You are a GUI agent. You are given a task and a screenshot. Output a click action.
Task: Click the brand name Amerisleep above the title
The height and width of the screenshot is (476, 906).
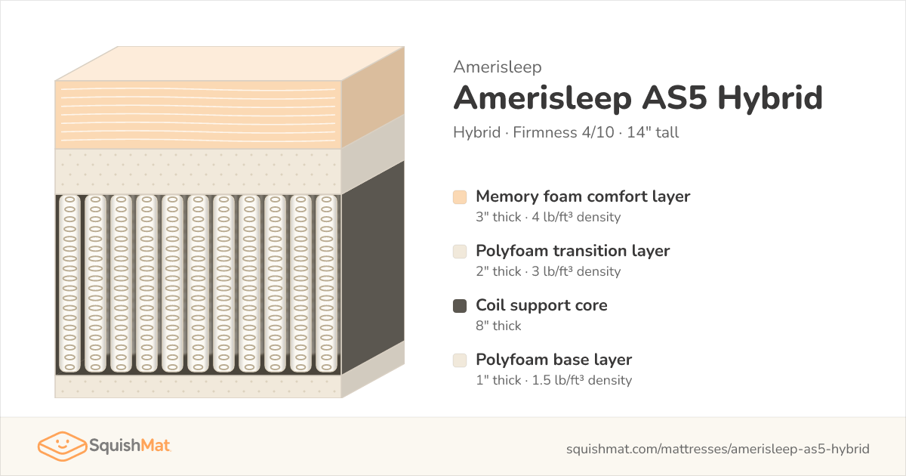pos(497,66)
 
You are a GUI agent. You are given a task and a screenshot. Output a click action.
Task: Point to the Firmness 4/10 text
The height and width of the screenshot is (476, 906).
pos(563,132)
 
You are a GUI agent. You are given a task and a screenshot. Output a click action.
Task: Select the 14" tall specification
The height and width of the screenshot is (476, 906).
pos(653,132)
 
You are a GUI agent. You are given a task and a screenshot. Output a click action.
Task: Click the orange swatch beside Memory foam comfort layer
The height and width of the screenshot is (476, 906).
pos(460,197)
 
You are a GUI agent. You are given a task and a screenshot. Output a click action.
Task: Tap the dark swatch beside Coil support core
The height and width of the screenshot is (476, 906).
pos(460,306)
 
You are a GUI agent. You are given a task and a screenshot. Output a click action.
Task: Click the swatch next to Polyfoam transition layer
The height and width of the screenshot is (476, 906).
pos(460,252)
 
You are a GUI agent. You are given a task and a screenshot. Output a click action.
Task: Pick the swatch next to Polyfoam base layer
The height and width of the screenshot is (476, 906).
pos(460,360)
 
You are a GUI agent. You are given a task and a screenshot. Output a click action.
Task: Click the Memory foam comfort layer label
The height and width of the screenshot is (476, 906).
pos(583,196)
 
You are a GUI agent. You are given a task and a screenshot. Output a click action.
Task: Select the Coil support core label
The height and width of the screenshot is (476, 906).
pos(541,305)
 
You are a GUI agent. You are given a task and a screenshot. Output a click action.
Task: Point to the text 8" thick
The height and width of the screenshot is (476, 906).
pos(498,326)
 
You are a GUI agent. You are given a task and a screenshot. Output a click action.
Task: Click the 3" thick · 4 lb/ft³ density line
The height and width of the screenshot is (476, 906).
pos(548,217)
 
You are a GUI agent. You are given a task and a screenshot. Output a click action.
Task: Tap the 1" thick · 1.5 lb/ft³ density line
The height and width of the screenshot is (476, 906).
pos(553,380)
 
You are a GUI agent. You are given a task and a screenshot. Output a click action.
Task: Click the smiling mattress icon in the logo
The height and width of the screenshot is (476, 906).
pos(62,446)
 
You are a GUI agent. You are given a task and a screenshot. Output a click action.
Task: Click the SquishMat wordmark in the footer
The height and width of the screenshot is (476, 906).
pos(130,446)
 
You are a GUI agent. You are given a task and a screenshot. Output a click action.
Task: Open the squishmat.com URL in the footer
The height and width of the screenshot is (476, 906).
pos(717,449)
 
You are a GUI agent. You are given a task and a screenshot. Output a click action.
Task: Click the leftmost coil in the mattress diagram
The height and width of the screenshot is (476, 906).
pos(69,284)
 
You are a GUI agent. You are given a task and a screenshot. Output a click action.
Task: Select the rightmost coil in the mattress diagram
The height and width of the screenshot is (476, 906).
pos(326,284)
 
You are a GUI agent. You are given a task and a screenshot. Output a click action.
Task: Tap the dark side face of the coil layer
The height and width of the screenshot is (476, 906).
pos(373,267)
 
